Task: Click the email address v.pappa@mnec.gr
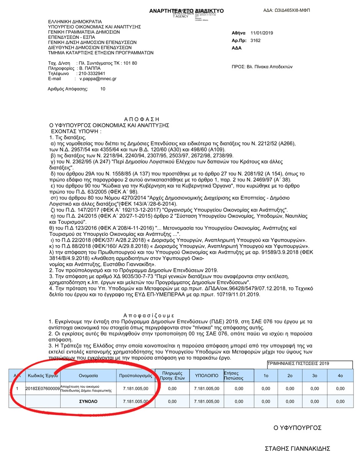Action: pos(98,79)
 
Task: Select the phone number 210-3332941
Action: pos(92,73)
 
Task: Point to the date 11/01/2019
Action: pos(261,33)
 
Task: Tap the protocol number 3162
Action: pos(255,40)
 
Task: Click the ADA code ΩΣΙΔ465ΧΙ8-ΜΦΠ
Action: pos(286,10)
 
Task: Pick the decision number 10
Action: pos(103,89)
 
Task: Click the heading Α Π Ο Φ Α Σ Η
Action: pos(141,119)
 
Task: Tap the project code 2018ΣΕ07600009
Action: pos(43,389)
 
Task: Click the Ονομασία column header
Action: pos(89,376)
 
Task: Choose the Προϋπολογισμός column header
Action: pos(135,376)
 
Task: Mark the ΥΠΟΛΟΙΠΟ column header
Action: pos(207,376)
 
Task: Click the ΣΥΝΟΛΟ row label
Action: pos(89,401)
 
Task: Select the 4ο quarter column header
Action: pos(340,376)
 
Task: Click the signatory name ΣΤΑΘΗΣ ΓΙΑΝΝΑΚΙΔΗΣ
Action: pos(298,448)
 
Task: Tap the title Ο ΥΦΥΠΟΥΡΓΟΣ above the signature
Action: pos(298,428)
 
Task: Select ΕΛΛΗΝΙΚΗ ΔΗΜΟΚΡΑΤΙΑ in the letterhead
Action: pos(75,21)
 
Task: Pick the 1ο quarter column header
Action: pos(266,376)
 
